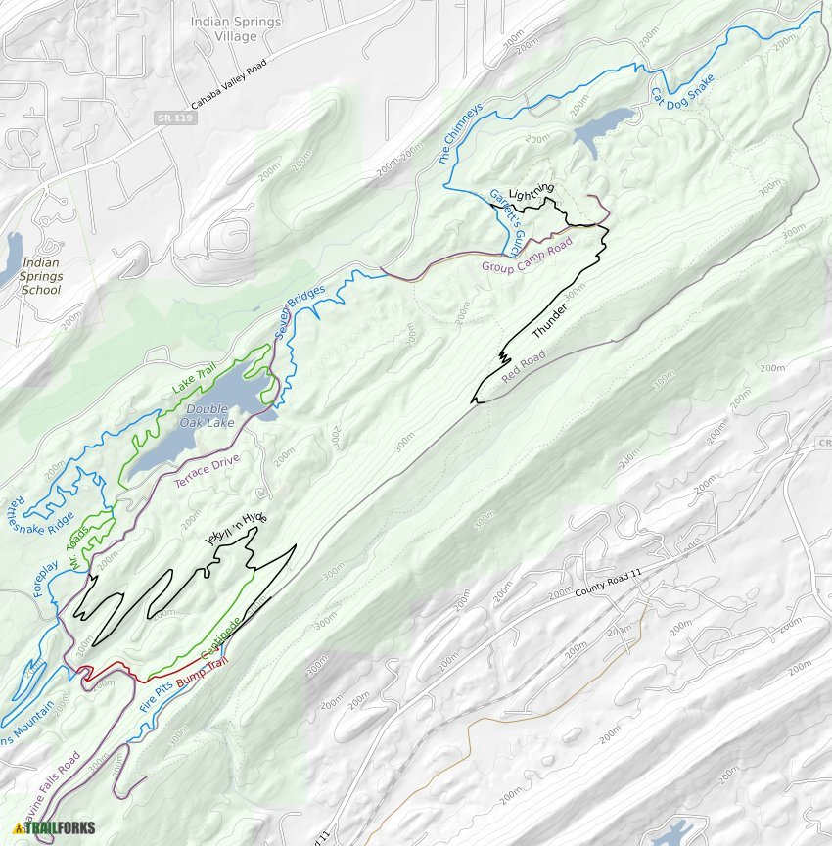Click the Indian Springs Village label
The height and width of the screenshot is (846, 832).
(x=236, y=29)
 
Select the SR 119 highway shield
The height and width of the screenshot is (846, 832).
(x=168, y=118)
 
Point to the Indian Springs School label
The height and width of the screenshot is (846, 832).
(x=40, y=276)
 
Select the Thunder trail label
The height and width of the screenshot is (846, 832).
(x=550, y=322)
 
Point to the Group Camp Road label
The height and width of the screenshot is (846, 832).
(x=526, y=256)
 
